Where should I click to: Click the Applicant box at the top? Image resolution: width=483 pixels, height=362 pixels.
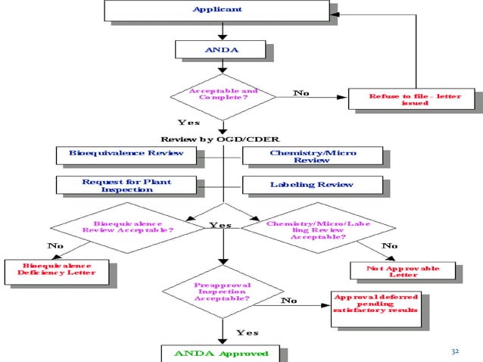[x=217, y=10]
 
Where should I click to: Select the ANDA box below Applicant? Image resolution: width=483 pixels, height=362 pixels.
[x=220, y=49]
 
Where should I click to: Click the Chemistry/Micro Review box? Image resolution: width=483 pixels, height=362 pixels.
[x=312, y=157]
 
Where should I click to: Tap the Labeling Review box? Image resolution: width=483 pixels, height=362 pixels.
[x=312, y=185]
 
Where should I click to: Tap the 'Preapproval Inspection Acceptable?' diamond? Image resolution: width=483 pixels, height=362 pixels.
[x=223, y=292]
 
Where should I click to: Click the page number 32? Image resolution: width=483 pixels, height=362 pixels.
[x=455, y=351]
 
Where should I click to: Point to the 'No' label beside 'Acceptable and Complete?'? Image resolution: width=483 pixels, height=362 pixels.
[x=301, y=93]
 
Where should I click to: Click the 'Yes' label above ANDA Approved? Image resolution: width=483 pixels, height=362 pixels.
[x=248, y=332]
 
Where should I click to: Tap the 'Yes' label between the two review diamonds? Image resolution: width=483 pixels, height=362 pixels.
[x=220, y=225]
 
